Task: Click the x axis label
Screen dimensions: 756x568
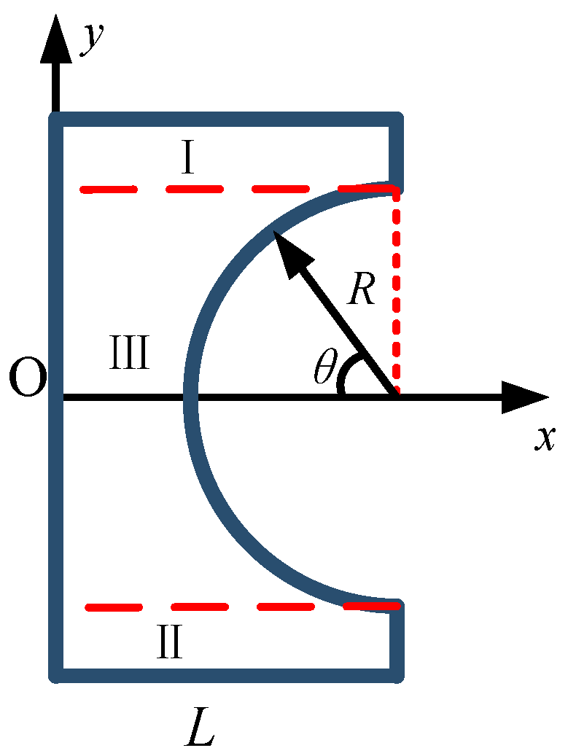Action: (544, 437)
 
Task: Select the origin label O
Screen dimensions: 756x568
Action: (28, 380)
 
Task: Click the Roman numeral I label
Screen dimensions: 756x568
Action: (187, 159)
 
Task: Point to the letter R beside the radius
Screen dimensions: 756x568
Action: (362, 290)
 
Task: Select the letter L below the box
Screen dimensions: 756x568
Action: (199, 725)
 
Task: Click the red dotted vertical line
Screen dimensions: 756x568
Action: (397, 292)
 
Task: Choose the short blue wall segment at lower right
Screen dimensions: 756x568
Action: (397, 642)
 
